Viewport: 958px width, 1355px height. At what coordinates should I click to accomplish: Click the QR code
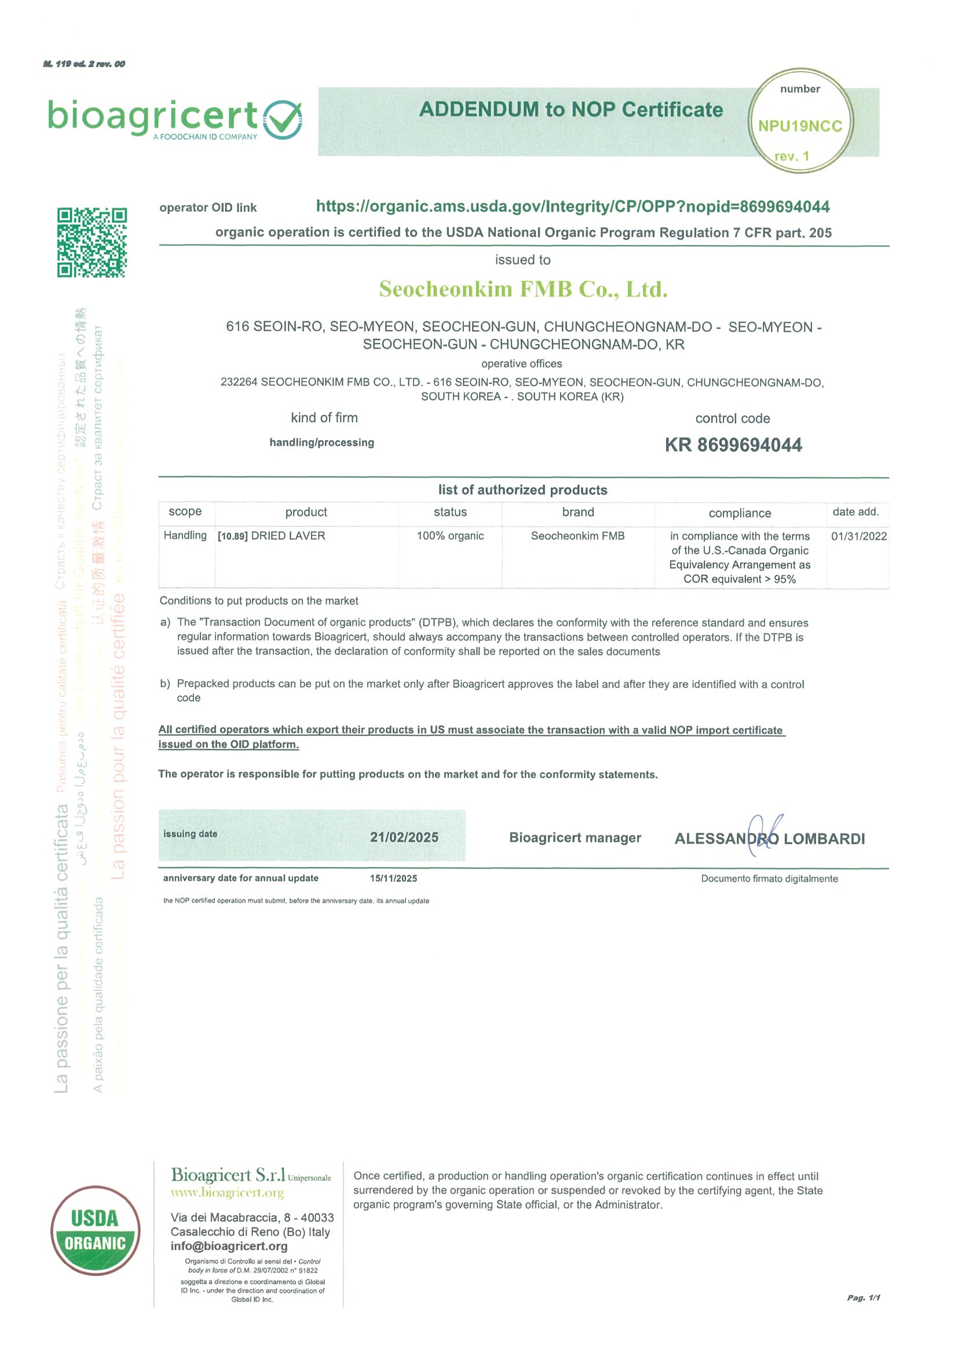pos(92,242)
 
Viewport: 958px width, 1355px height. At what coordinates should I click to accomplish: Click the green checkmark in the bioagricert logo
pos(283,119)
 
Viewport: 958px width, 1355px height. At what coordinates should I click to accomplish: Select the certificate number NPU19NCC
pos(800,126)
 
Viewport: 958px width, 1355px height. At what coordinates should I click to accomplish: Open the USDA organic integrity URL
pos(573,207)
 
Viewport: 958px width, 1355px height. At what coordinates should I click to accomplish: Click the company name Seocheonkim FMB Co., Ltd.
pos(523,289)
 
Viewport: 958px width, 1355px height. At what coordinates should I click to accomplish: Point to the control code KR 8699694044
pos(733,445)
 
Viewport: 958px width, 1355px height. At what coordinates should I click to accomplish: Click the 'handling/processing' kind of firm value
pos(321,442)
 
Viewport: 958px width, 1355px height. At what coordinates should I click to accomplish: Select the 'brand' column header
pos(578,512)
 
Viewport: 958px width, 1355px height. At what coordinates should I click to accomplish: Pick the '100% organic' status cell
pos(450,536)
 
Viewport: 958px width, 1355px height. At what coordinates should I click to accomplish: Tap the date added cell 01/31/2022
pos(859,536)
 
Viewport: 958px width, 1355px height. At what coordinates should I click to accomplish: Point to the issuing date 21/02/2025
pos(404,837)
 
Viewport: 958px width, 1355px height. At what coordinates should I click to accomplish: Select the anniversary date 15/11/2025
pos(393,878)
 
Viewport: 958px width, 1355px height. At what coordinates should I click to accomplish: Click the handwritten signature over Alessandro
pos(765,835)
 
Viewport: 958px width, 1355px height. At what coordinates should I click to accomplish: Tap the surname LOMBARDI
pos(824,838)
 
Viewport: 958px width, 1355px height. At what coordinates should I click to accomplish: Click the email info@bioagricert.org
pos(229,1246)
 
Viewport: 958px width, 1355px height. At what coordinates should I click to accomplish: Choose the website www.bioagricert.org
pos(227,1193)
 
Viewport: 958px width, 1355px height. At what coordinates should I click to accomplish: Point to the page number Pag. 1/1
pos(864,1298)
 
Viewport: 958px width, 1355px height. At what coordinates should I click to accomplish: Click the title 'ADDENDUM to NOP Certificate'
pos(571,110)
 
